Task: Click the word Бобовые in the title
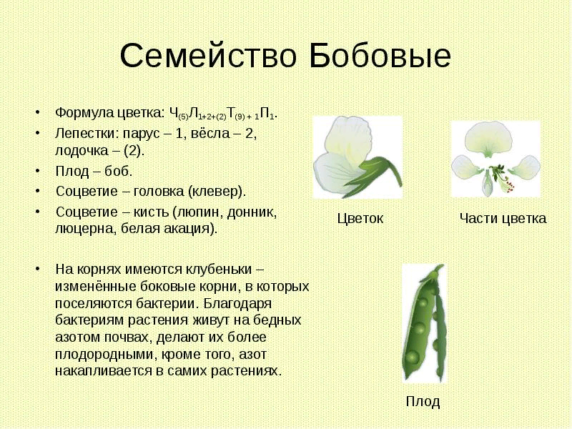(380, 56)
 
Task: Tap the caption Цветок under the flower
(360, 219)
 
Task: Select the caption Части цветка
(503, 219)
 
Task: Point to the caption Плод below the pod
(423, 401)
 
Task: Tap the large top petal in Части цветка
(495, 137)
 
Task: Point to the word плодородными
(99, 355)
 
